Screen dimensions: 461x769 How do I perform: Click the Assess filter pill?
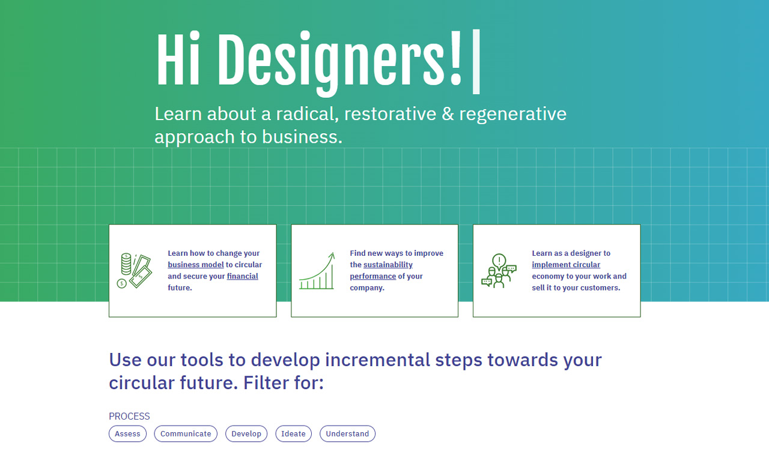127,434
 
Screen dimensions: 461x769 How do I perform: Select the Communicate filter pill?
186,434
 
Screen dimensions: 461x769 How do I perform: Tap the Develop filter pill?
246,434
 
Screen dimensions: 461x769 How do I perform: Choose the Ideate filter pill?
293,434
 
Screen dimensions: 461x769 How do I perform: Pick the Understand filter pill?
347,434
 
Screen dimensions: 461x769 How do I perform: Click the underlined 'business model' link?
196,265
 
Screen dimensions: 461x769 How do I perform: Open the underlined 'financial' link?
242,276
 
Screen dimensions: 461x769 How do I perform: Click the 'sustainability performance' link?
388,265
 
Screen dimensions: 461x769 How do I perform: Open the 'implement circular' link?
566,265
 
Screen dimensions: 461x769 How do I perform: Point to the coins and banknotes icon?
134,271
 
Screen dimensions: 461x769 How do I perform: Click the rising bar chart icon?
317,271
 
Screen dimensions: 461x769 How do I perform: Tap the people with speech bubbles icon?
499,271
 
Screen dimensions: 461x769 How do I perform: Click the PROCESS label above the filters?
129,416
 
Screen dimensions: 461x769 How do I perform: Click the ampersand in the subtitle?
448,114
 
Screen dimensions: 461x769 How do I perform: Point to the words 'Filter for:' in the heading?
284,382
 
